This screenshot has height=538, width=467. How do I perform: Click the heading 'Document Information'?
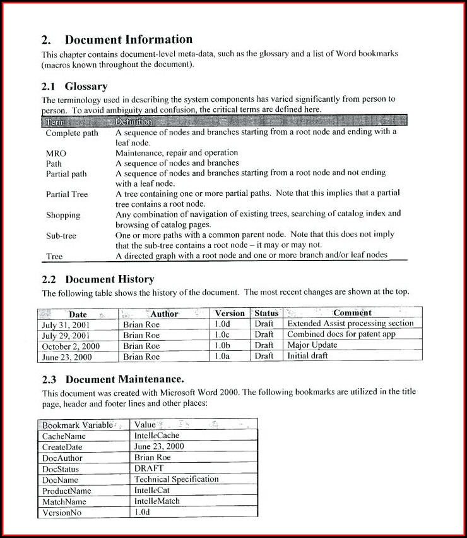(x=128, y=40)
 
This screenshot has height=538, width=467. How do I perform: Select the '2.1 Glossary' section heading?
(x=74, y=86)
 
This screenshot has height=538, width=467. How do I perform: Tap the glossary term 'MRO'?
(x=56, y=153)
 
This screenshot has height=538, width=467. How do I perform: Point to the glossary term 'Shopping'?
(x=63, y=215)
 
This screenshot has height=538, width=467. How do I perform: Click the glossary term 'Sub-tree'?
(x=61, y=235)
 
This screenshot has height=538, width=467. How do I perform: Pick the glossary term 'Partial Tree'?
(x=67, y=194)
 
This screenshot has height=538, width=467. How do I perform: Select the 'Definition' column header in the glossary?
(x=134, y=121)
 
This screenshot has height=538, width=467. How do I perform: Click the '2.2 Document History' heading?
(x=98, y=279)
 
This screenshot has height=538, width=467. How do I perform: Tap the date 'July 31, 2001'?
(x=66, y=324)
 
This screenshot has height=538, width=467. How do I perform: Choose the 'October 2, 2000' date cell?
(x=71, y=346)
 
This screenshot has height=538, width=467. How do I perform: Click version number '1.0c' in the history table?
(x=222, y=334)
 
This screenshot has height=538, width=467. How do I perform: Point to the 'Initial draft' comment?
(x=308, y=356)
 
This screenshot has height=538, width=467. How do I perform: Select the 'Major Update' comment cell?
(x=312, y=345)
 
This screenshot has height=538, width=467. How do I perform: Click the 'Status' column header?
(x=266, y=313)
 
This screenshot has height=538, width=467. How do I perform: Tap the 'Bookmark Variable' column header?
(x=78, y=425)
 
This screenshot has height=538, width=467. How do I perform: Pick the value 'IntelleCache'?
(x=157, y=436)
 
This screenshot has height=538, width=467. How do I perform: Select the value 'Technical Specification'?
(x=176, y=479)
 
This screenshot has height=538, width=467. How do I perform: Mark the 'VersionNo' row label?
(x=62, y=512)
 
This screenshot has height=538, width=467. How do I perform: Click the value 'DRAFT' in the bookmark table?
(x=149, y=468)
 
